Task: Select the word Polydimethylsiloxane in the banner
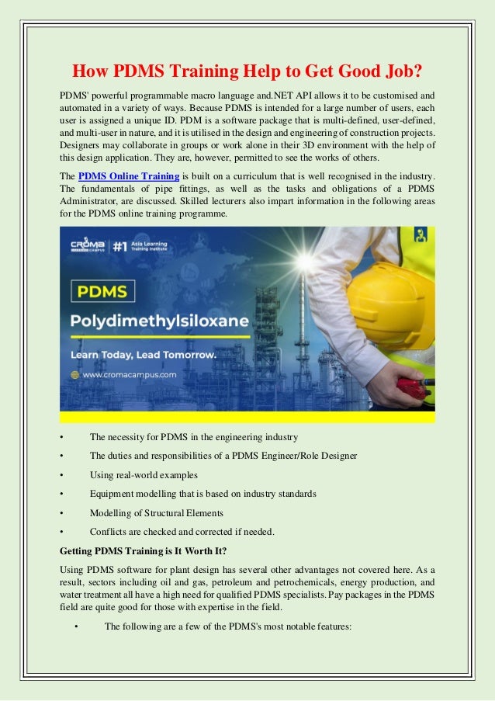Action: click(158, 321)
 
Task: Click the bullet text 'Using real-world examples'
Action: click(144, 474)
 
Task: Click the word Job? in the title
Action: click(400, 73)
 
